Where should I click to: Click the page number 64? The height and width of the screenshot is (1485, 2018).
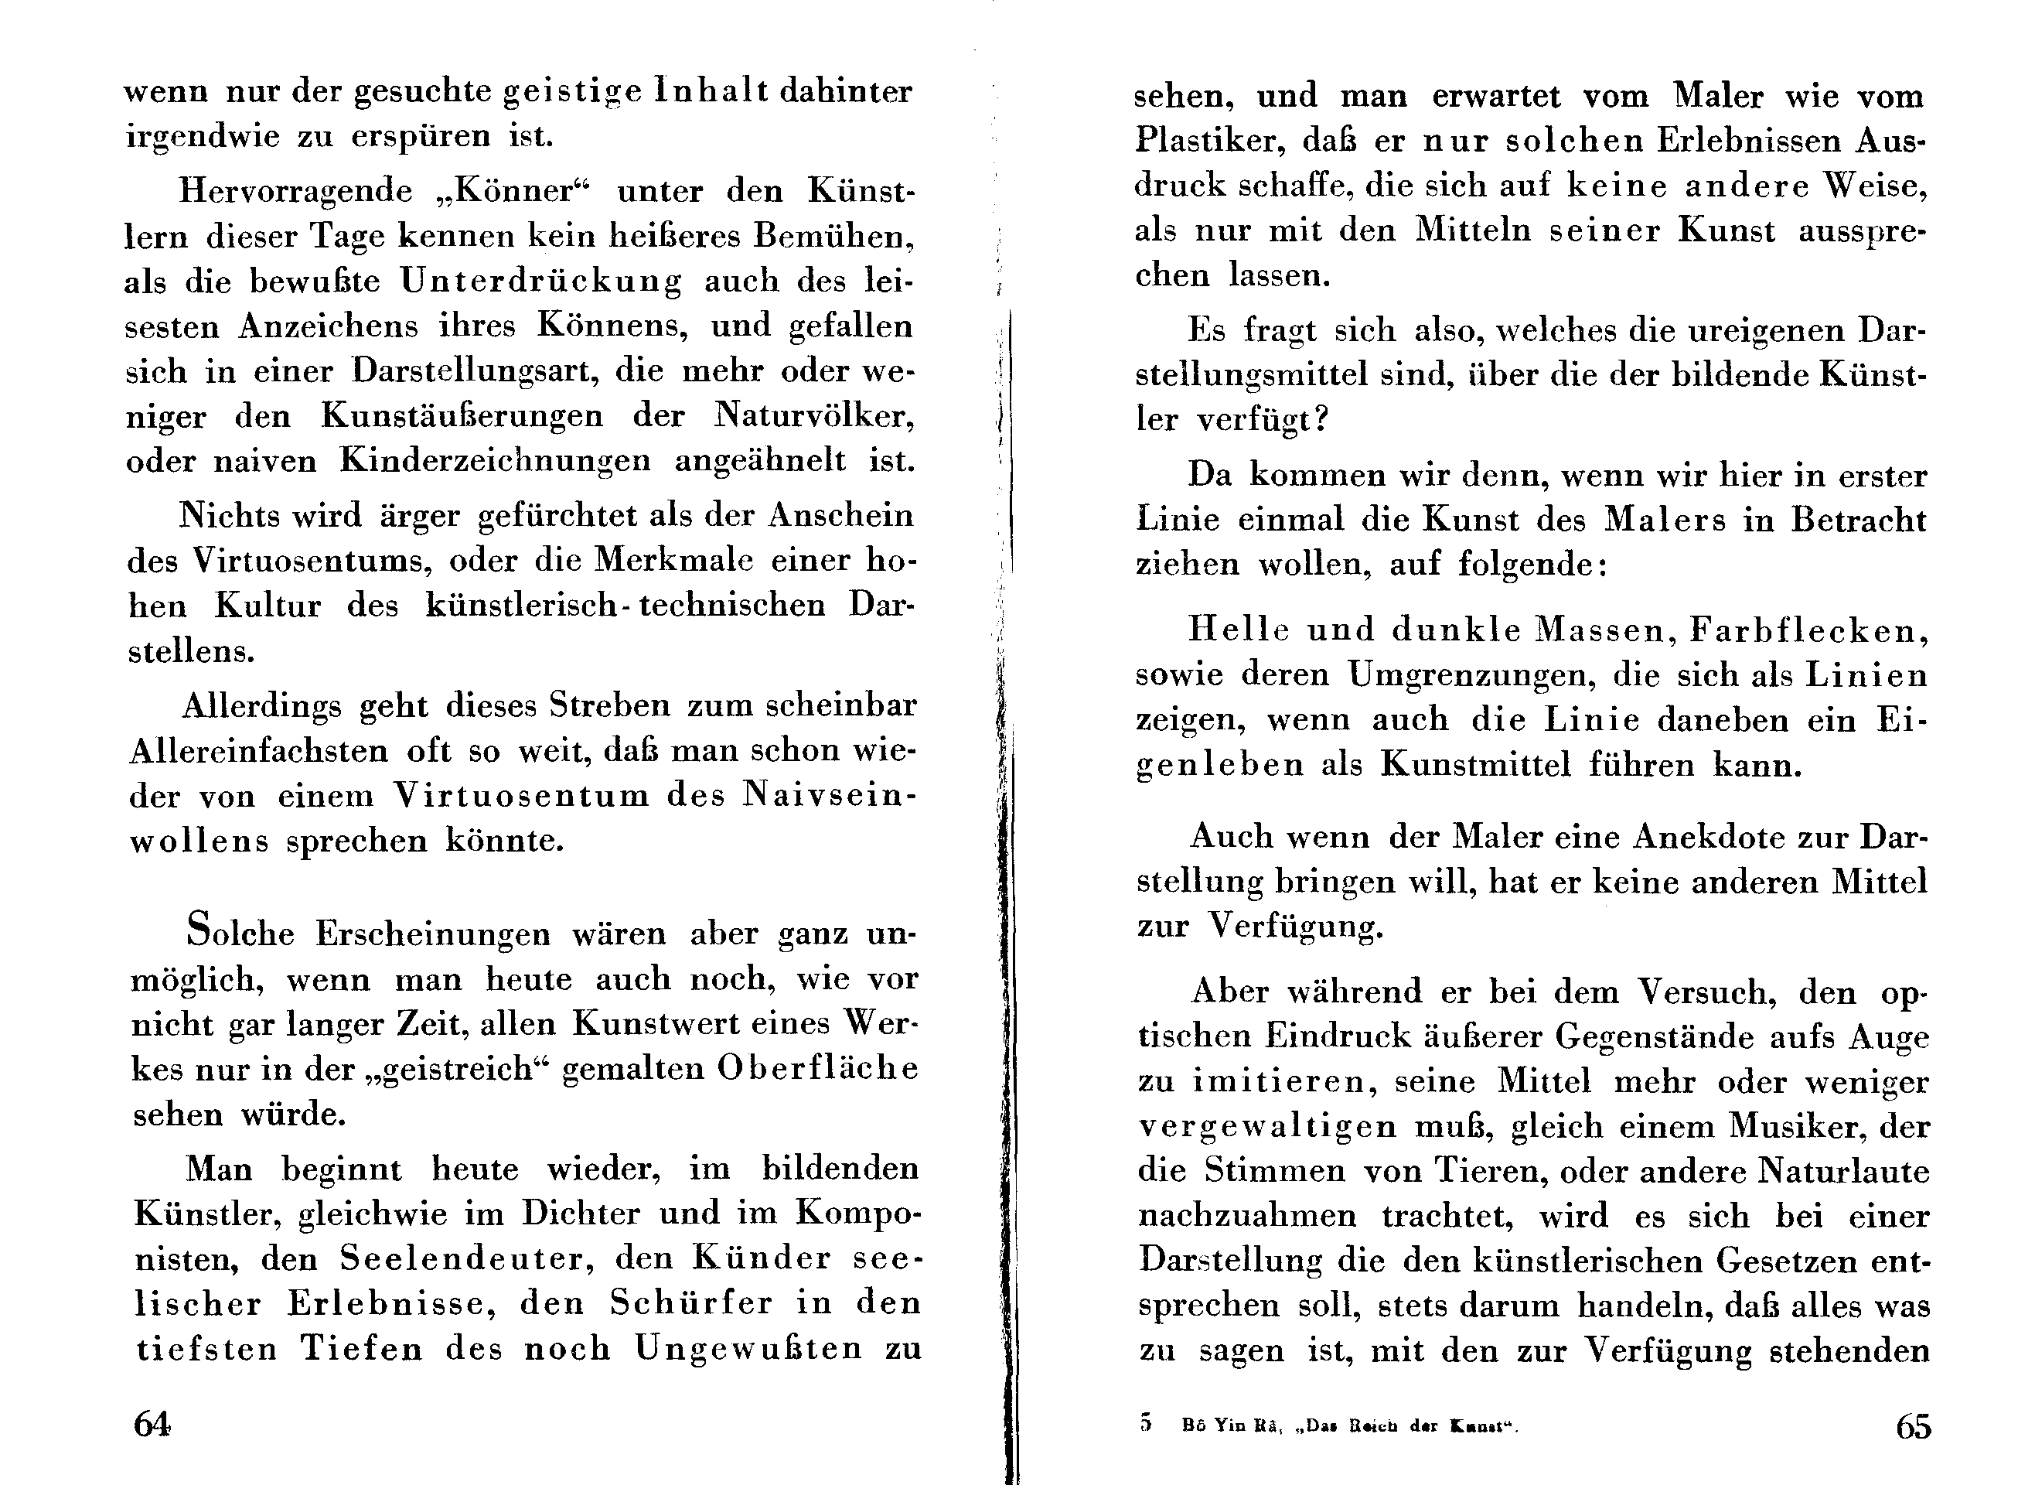[x=152, y=1423]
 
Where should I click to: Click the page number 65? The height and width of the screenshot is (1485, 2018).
[x=1913, y=1425]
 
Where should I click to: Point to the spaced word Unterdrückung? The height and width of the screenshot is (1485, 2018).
[x=541, y=282]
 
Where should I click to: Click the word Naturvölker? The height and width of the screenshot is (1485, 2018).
[x=814, y=416]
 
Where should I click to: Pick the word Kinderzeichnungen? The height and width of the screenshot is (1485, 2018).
[x=495, y=461]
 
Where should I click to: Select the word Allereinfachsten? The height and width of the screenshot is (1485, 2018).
[x=259, y=750]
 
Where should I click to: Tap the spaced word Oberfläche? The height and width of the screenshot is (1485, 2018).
[x=817, y=1068]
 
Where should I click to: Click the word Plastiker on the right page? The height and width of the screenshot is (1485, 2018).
[x=1194, y=141]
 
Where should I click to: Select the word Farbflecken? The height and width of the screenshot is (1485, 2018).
[x=1808, y=630]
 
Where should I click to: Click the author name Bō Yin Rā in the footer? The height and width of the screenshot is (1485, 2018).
[x=1230, y=1425]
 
